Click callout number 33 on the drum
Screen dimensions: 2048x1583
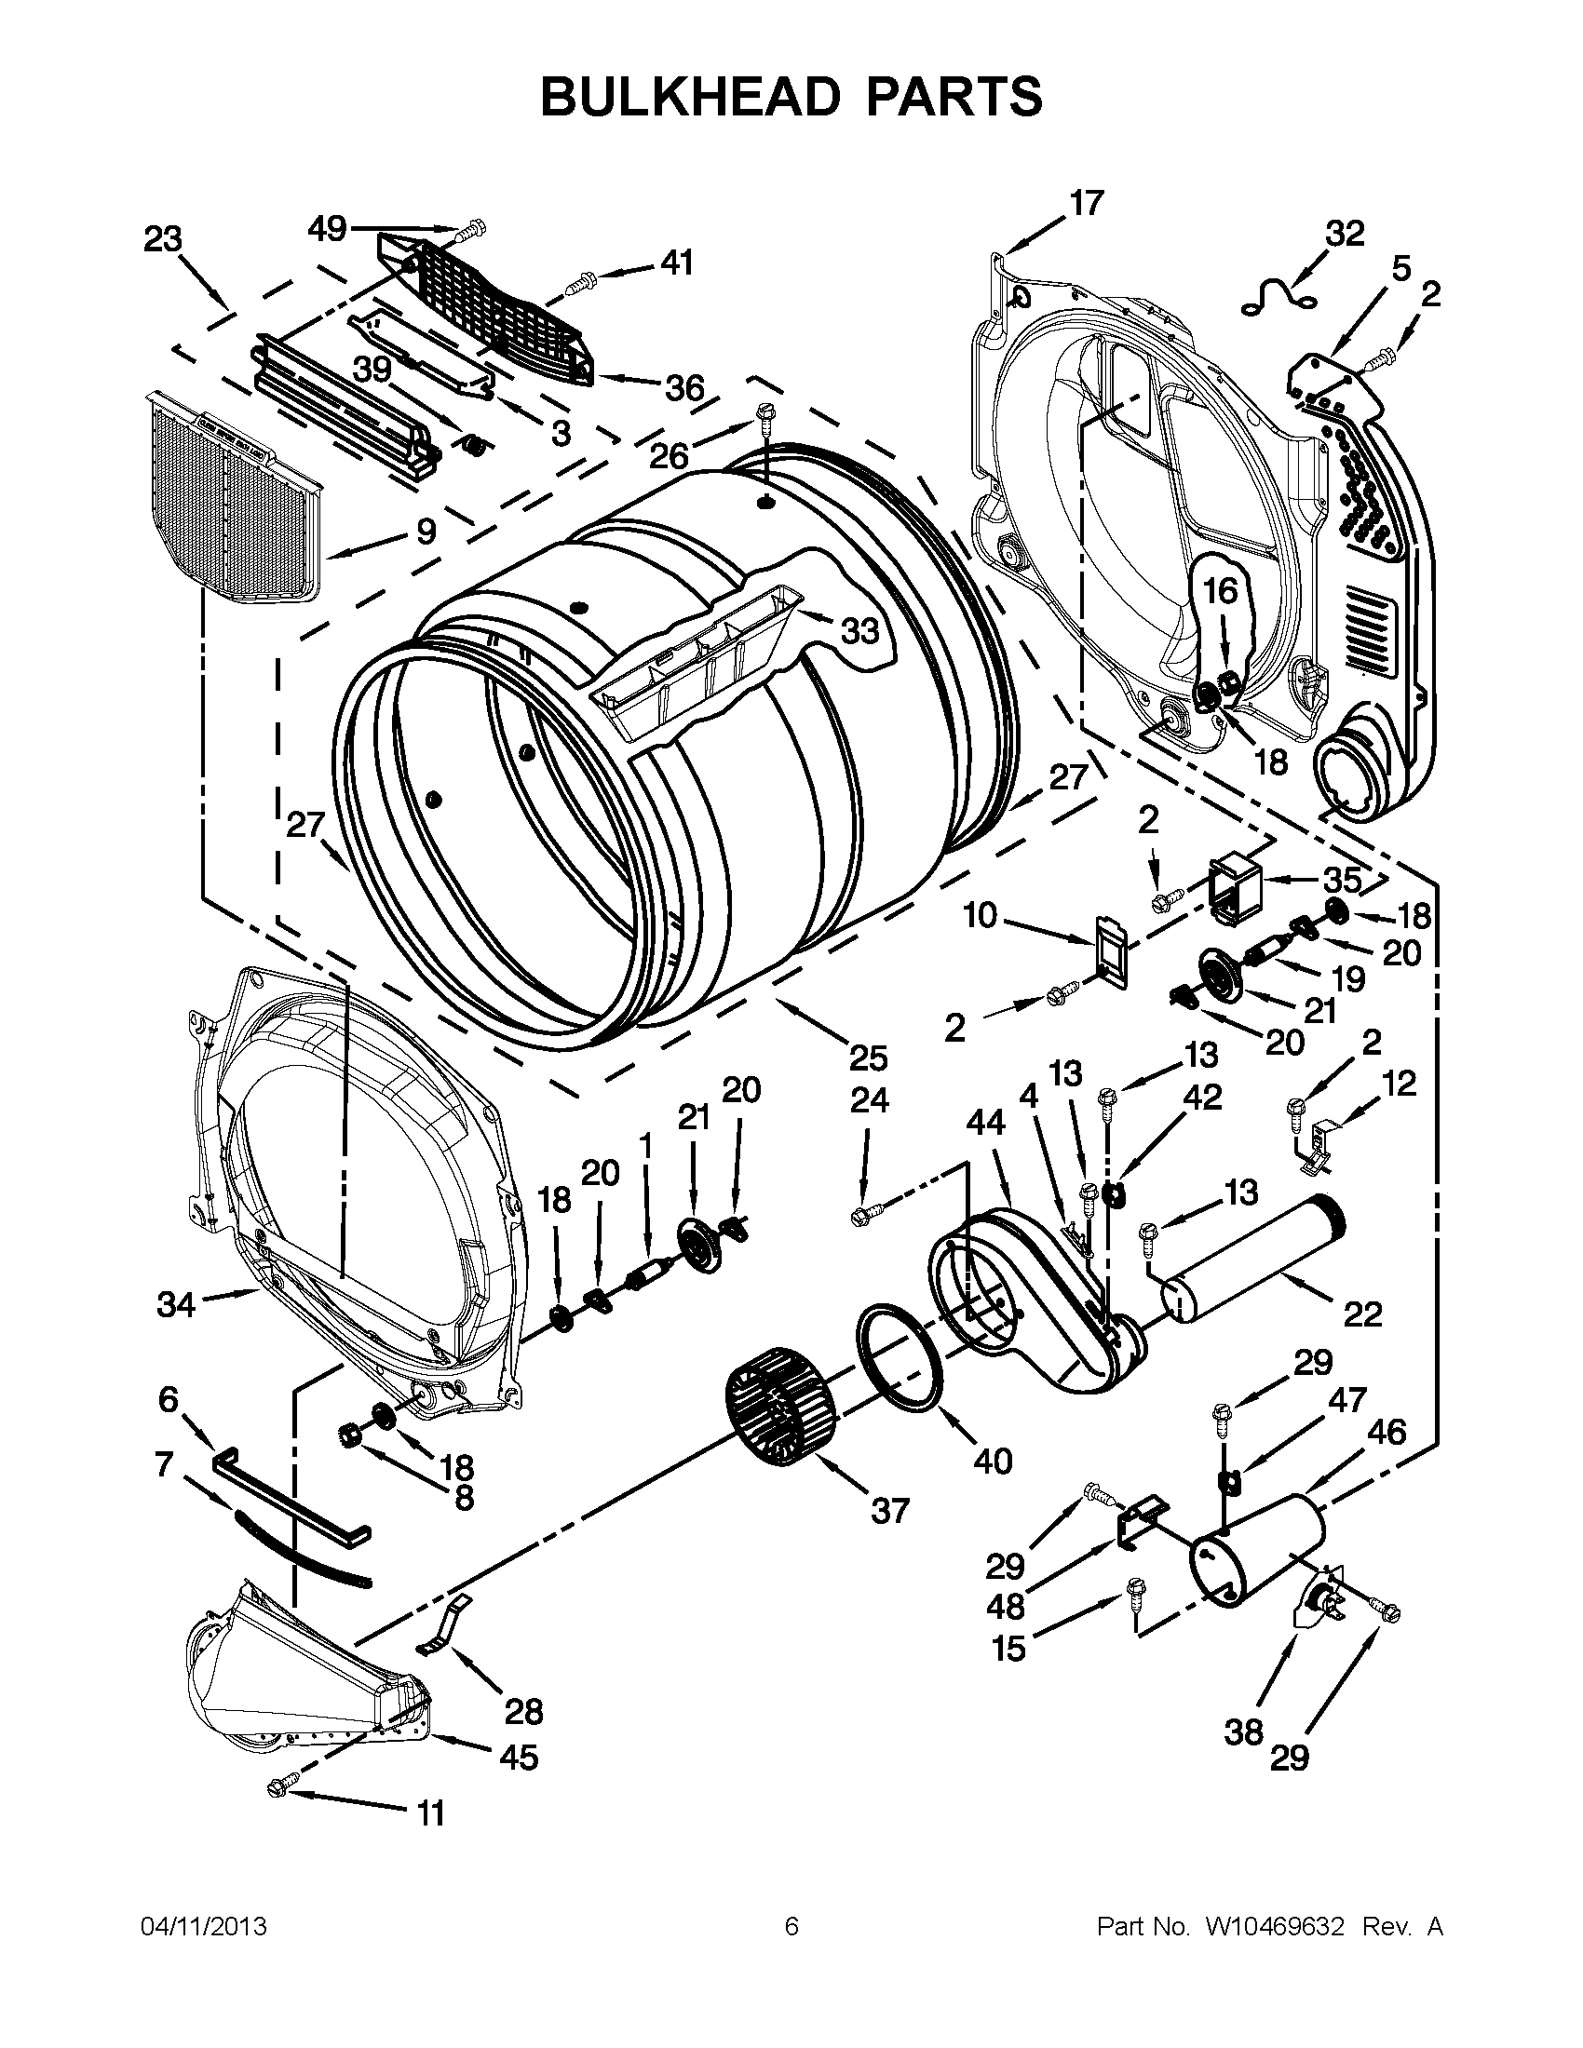[x=859, y=630]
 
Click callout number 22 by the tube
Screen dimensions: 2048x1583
[x=1361, y=1314]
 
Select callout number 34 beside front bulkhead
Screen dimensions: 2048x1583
[x=176, y=1303]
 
